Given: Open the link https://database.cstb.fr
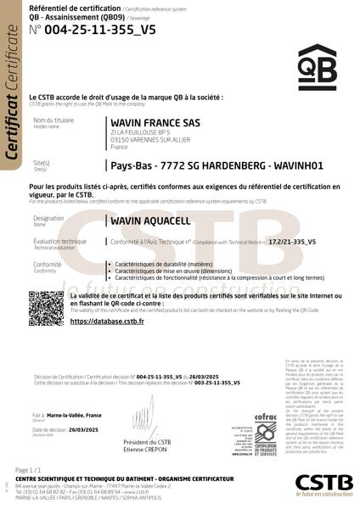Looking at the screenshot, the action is [x=106, y=322].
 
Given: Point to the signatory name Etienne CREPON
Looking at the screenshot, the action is [x=147, y=450].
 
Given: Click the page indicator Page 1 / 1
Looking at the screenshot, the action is [x=29, y=469].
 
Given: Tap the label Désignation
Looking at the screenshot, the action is [x=48, y=218].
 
